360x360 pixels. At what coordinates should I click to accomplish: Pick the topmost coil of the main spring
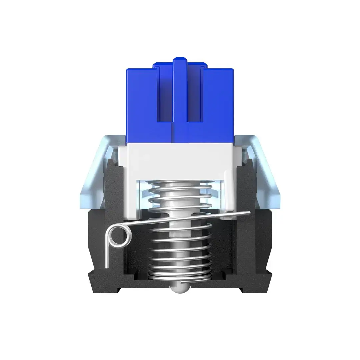(x=180, y=183)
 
